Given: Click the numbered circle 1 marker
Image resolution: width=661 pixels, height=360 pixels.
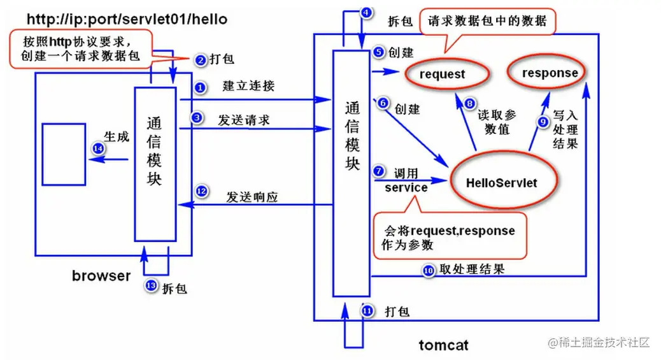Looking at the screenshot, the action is tap(200, 88).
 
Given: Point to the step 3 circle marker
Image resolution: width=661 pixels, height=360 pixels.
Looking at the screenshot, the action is tap(197, 118).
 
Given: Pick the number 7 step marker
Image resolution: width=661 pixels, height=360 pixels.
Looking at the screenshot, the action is tap(378, 171).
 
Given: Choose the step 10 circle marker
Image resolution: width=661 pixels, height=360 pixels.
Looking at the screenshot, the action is tap(429, 270).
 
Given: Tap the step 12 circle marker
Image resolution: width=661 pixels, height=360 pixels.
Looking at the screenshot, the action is tap(202, 191).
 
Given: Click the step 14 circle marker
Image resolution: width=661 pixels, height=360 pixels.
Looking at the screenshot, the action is tap(98, 148).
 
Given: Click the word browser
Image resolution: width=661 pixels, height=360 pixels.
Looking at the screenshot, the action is tap(101, 276).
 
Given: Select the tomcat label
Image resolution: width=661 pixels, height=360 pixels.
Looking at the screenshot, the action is tap(443, 345).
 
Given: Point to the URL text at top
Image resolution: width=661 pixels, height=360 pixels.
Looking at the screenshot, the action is tap(127, 19).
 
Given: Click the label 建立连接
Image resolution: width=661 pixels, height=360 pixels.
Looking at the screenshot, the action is tap(249, 85).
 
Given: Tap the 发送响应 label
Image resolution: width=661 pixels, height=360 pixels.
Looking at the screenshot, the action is tap(252, 197).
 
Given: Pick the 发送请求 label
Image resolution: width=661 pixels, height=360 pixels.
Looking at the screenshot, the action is tap(244, 120).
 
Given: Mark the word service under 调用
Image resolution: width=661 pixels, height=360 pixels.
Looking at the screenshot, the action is tap(406, 187).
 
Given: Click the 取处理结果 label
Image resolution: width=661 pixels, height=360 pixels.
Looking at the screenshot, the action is tap(472, 270).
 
